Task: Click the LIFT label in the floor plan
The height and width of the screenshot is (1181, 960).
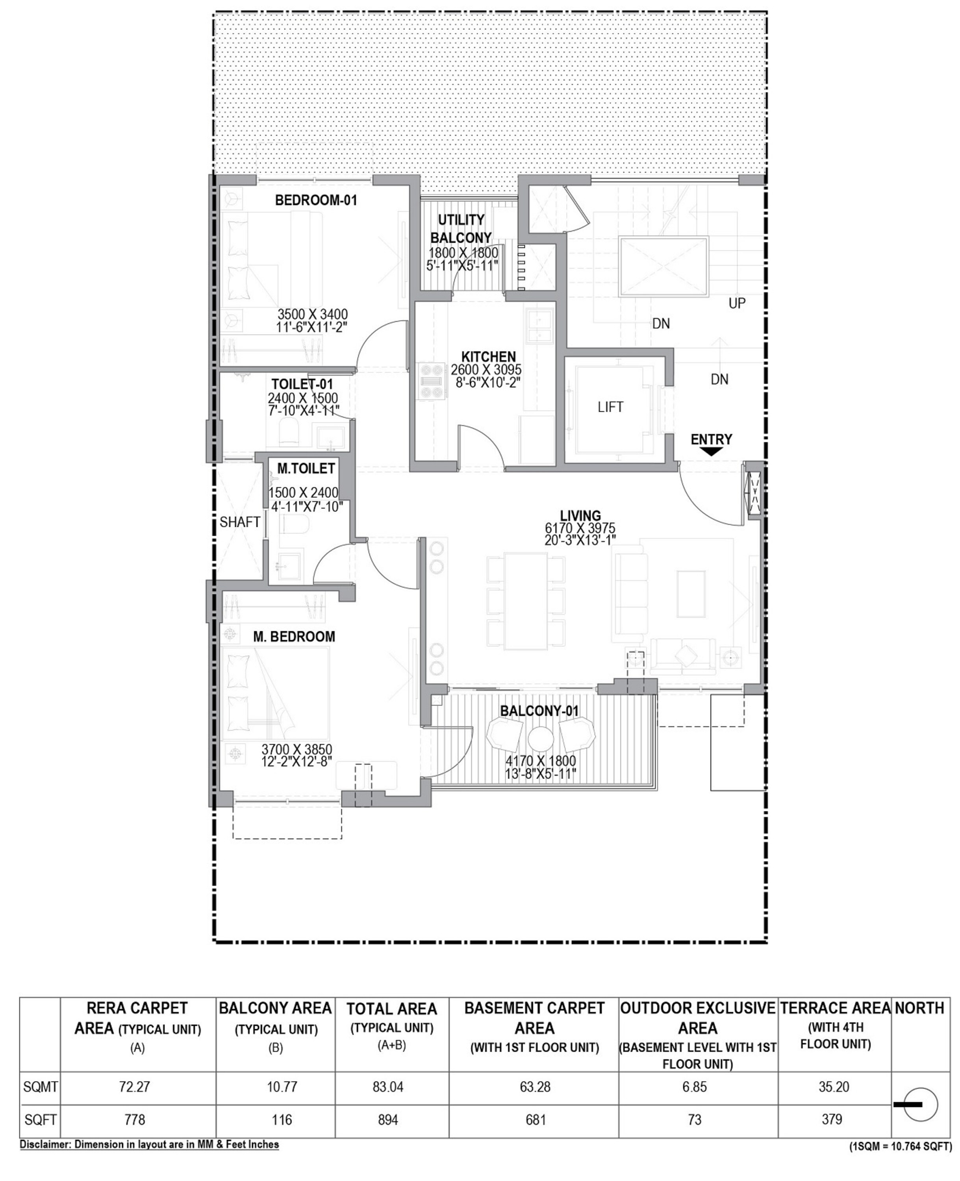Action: [610, 407]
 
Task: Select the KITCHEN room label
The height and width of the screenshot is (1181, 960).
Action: [488, 357]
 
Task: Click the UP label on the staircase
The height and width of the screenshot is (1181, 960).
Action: [737, 303]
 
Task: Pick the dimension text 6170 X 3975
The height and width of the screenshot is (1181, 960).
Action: [580, 528]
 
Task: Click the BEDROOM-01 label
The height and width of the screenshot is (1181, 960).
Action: [316, 200]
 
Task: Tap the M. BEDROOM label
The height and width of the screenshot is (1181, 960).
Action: [294, 637]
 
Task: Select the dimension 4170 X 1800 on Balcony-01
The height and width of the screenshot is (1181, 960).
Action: [540, 761]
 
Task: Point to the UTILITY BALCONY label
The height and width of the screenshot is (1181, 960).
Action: [461, 228]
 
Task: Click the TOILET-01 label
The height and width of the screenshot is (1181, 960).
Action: [302, 384]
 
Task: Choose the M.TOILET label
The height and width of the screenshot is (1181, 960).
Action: [306, 468]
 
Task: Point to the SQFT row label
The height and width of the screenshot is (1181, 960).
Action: [41, 1120]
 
